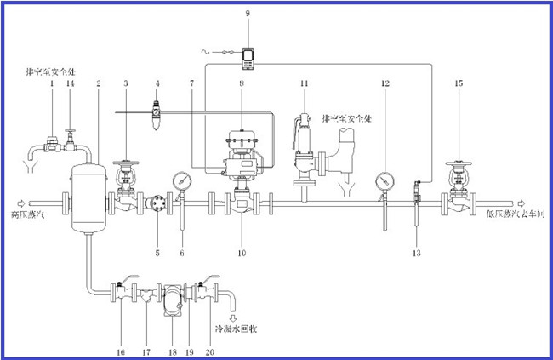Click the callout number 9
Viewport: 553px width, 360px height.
248,14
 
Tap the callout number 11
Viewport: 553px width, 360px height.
304,83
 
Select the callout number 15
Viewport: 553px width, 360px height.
459,83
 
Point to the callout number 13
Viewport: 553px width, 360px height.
416,254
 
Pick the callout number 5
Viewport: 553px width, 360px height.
158,253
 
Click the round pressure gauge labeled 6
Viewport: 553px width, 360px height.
180,181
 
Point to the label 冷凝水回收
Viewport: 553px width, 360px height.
237,327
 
